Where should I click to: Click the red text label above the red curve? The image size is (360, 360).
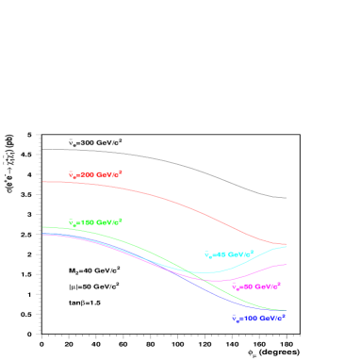click(95, 174)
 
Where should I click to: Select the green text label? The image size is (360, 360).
click(95, 222)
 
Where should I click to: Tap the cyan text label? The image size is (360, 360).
click(229, 254)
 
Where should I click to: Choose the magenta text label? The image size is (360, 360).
click(256, 286)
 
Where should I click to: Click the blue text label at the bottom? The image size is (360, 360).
click(258, 318)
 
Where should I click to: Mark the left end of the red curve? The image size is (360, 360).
click(43, 182)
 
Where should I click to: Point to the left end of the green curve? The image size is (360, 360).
click(43, 227)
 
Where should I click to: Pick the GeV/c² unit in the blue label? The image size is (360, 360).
click(273, 318)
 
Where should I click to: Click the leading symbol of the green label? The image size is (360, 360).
click(72, 222)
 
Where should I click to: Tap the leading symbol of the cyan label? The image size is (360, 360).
click(207, 254)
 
